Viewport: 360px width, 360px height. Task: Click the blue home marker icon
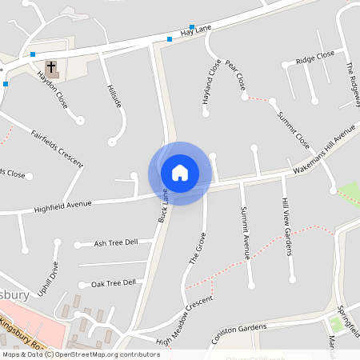pos(180,173)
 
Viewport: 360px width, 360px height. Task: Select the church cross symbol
pos(52,67)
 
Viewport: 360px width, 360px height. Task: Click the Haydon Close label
pos(53,90)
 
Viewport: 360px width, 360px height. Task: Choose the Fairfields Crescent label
pos(57,147)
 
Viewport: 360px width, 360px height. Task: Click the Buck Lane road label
pos(164,206)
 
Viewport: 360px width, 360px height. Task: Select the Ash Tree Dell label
pos(116,242)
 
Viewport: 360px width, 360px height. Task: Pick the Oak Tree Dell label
pos(113,283)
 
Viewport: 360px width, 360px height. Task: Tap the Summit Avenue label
pos(246,233)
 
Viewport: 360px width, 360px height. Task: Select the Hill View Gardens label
pos(286,228)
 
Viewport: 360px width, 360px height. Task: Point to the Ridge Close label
pos(314,58)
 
